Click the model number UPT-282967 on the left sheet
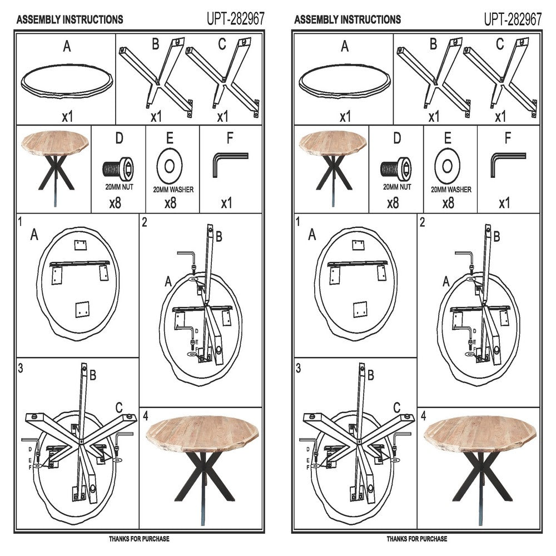coord(236,19)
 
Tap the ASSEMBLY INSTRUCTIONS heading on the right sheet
coord(348,19)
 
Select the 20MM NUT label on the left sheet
coord(119,187)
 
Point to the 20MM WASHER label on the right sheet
coord(451,190)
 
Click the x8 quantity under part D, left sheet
coord(115,203)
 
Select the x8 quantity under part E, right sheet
coord(448,203)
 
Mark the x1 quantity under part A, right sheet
coord(345,116)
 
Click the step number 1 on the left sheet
coord(20,222)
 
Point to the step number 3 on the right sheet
coord(298,369)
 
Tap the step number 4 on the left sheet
coord(145,415)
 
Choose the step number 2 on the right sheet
coord(423,222)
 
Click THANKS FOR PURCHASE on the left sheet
coord(139,539)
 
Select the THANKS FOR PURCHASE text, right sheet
coord(416,539)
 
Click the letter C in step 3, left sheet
coord(119,408)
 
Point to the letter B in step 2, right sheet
coord(497,236)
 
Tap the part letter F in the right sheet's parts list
coord(508,138)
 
